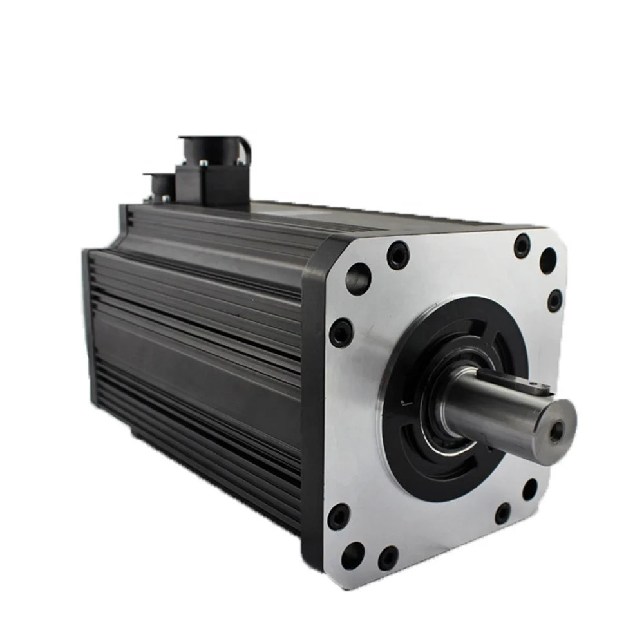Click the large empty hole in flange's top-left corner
pos(358,279)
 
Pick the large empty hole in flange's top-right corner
pos(548,260)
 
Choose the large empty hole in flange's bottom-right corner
pos(529,489)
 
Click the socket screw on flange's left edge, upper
pos(340,333)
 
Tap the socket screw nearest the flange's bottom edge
pos(388,558)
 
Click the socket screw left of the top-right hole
pos(522,245)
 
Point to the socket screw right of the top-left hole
pos(398,256)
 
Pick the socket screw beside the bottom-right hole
pos(503,513)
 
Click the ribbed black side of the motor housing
pos(193,348)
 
